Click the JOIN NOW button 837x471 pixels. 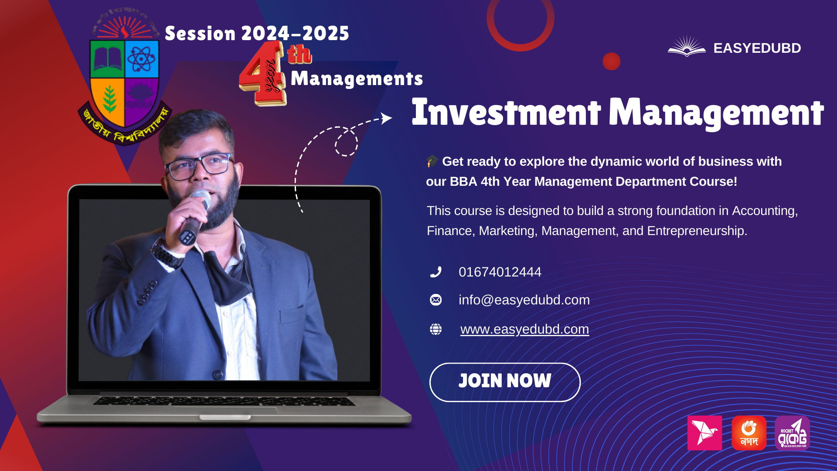[x=505, y=382]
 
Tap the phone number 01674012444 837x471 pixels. [x=500, y=272]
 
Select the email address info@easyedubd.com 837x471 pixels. [x=524, y=300]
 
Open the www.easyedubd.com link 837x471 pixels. [x=524, y=329]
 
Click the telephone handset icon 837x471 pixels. [x=436, y=272]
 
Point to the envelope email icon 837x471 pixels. [x=436, y=300]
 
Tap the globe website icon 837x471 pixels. [x=436, y=329]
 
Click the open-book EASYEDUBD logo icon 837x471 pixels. [x=687, y=47]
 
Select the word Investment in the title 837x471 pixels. [x=506, y=113]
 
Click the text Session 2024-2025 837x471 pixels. [x=257, y=34]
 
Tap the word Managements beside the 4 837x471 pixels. [x=357, y=79]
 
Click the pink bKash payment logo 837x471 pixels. [x=704, y=433]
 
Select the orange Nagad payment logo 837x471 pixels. [x=749, y=433]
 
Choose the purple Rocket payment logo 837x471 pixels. [x=792, y=433]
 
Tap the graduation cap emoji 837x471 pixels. [x=432, y=161]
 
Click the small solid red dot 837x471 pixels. [x=611, y=61]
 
